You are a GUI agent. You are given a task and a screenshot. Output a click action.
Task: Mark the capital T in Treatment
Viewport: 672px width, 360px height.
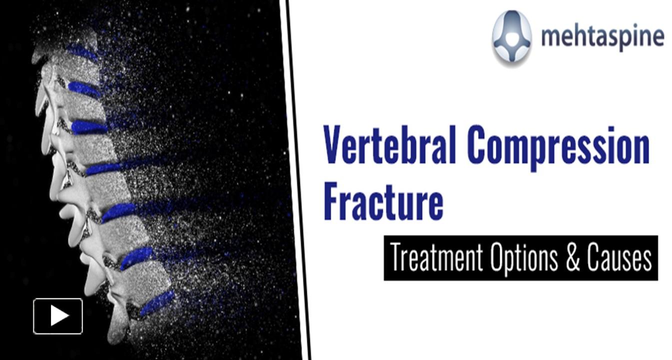396,258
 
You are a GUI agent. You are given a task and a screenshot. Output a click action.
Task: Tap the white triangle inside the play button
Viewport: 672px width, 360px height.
59,316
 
